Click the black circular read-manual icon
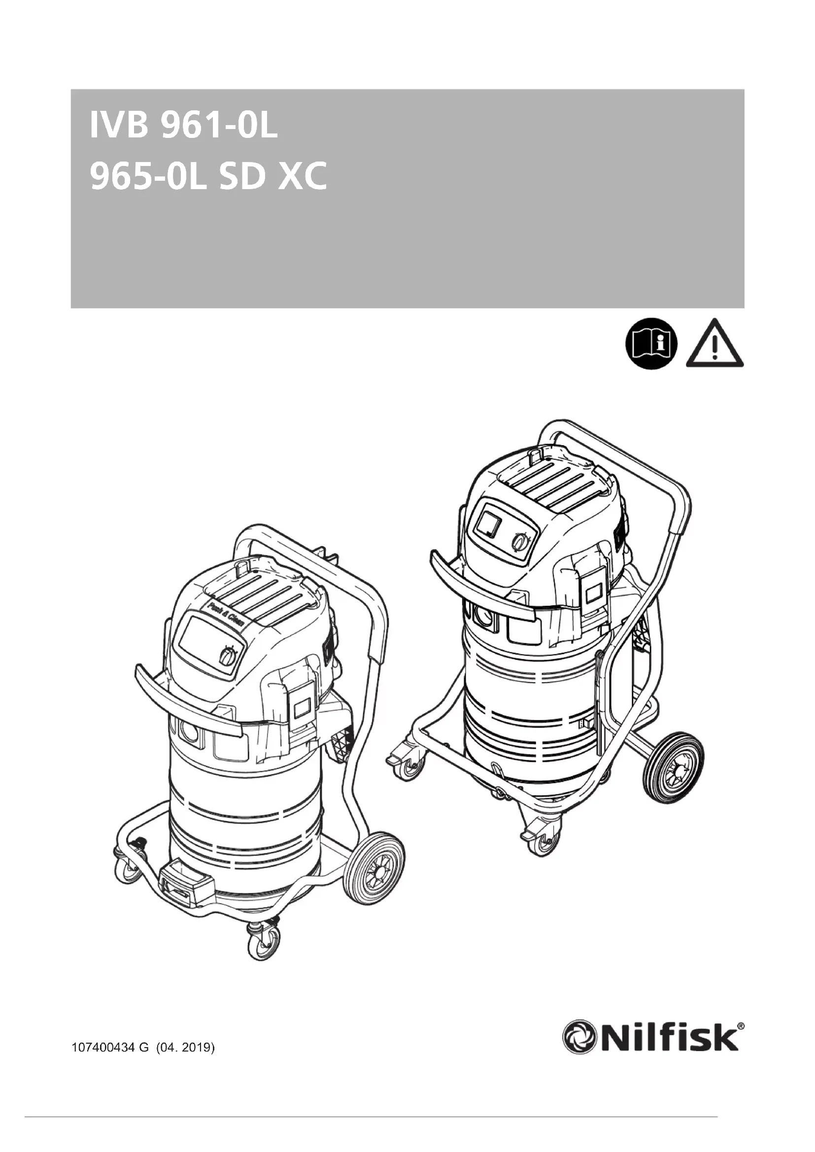651,344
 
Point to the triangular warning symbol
714,344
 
